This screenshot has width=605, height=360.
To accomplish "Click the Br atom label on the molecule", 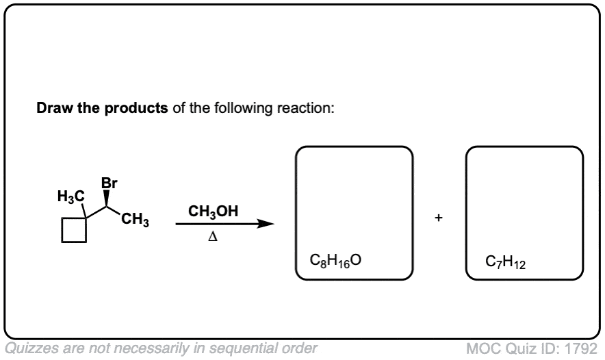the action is pos(110,183).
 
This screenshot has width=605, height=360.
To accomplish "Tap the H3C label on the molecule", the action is pos(71,196).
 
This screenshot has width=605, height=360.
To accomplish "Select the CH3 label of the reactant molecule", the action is pos(135,220).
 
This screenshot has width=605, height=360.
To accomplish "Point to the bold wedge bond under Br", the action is pos(107,198).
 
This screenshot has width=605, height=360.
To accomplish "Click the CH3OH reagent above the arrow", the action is pos(213,211).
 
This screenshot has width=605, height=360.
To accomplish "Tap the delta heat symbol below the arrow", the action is pos(213,237).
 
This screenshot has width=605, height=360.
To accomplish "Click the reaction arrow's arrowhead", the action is pos(266,224).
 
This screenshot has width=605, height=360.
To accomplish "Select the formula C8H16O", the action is pos(335,261).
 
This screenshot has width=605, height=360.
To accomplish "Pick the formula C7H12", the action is pos(506,262).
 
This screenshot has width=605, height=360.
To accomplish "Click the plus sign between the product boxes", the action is pos(438,218).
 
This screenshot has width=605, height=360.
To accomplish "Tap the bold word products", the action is pos(136,108).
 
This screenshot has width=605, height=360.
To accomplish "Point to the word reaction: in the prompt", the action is pos(306,108).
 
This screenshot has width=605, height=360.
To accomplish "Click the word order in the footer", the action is pos(299,348).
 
